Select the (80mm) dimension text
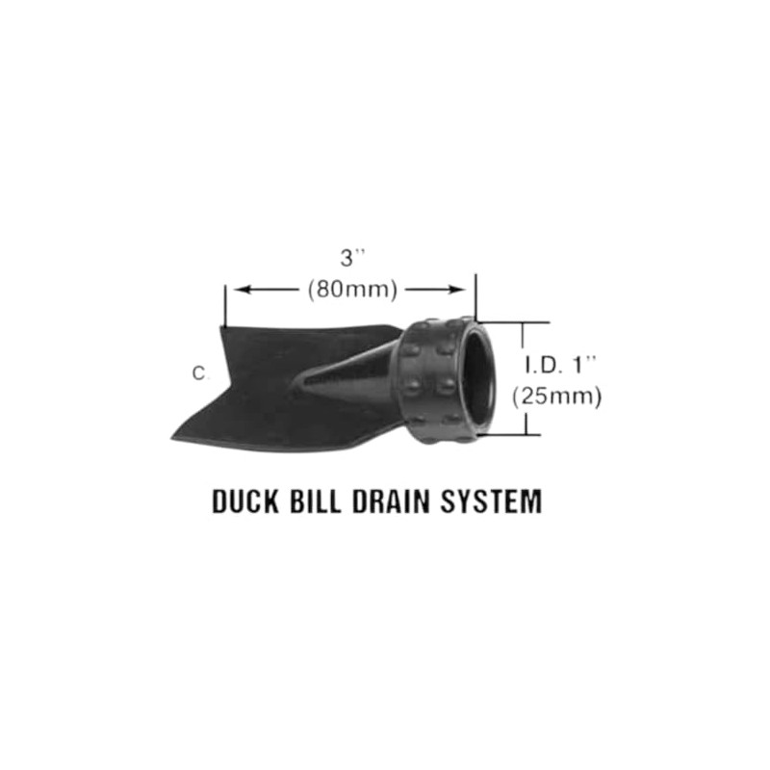point(352,289)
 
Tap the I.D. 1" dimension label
point(562,365)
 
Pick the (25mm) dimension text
point(558,395)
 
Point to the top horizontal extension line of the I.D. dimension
point(515,321)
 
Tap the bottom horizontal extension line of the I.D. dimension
point(515,434)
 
